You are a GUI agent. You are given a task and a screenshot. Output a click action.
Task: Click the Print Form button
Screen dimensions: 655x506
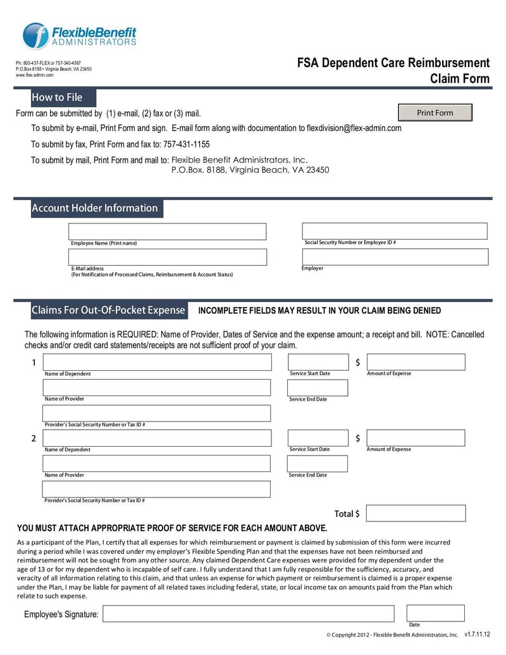coord(435,113)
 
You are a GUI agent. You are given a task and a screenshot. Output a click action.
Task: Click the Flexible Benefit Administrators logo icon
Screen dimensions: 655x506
coord(35,35)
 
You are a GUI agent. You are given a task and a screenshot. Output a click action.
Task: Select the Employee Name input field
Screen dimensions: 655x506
coord(167,232)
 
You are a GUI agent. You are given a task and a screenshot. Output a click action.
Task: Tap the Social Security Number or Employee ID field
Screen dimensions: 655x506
coord(395,231)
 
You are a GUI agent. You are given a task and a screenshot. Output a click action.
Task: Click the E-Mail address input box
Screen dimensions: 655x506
coord(167,257)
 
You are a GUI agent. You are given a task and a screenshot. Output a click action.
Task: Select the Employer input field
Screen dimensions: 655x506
coord(395,256)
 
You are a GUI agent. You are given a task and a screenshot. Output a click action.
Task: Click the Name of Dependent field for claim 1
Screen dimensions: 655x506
coord(156,362)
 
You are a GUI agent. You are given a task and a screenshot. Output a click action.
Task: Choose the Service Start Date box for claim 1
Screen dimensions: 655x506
coord(318,362)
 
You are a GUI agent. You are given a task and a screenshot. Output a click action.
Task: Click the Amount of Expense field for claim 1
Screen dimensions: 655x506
coord(416,362)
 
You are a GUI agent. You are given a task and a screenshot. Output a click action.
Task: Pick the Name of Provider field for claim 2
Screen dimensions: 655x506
coord(156,464)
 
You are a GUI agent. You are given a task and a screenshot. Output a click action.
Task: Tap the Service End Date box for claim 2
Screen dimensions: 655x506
coord(318,464)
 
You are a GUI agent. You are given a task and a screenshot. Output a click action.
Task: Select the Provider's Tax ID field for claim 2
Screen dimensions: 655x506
coord(156,489)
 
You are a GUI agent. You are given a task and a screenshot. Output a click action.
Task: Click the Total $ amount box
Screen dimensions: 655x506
coord(416,513)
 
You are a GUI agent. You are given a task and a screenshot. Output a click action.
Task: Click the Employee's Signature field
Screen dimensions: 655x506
coord(248,613)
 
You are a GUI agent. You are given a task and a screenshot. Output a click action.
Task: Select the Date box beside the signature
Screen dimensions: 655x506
coord(435,613)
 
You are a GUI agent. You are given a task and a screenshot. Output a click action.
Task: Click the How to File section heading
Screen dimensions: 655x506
coord(57,97)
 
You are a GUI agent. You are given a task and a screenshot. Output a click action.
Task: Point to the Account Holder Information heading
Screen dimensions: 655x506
coord(95,208)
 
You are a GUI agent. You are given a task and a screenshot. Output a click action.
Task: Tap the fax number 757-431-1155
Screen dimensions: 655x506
coord(187,144)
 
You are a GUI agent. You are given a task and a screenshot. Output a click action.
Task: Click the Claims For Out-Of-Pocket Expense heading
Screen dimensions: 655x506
coord(108,310)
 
